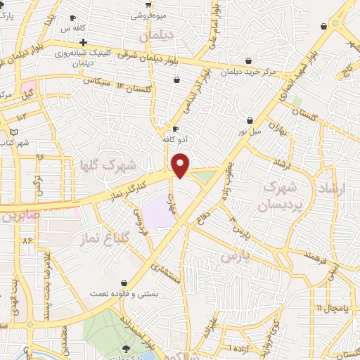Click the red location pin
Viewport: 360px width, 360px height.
[x=181, y=165]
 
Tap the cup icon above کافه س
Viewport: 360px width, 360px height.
[x=73, y=18]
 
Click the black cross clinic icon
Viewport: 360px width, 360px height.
[x=82, y=43]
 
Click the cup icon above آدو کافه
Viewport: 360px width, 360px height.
[x=175, y=129]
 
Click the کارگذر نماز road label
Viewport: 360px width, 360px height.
[x=124, y=191]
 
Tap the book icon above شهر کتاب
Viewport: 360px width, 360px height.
[x=13, y=131]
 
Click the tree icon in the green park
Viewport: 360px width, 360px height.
[x=127, y=349]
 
